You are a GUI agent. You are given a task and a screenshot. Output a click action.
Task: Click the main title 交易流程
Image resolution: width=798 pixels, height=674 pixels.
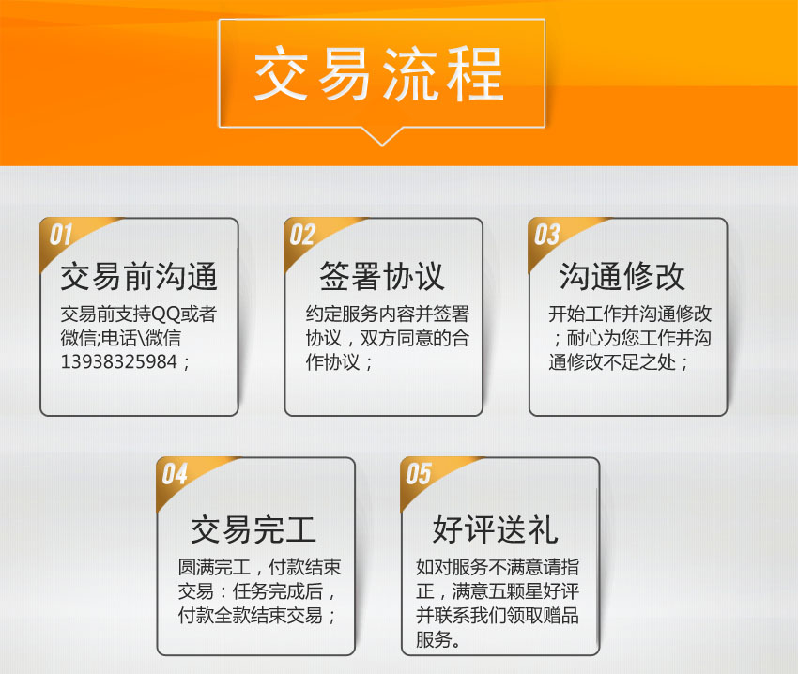[x=378, y=74]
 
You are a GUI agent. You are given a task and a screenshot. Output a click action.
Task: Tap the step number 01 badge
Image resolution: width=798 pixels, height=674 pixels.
[x=61, y=235]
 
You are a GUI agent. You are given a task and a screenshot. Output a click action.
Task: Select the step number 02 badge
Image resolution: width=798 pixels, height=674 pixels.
[x=303, y=235]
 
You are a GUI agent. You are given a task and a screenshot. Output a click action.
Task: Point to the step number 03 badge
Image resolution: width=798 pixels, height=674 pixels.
[x=547, y=235]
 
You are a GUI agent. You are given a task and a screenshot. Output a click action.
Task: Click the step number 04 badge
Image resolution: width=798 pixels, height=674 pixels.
[x=175, y=474]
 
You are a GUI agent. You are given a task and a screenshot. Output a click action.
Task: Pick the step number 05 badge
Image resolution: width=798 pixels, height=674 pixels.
[x=419, y=474]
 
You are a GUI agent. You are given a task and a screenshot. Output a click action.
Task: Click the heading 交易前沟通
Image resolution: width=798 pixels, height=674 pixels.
[x=139, y=276]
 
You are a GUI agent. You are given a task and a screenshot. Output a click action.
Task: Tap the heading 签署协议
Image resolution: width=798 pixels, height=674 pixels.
[x=382, y=276]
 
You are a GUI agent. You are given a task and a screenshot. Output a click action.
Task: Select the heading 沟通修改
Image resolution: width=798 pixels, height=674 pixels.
[x=622, y=276]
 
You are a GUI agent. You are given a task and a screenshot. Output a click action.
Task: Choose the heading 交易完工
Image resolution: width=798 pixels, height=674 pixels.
[x=253, y=529]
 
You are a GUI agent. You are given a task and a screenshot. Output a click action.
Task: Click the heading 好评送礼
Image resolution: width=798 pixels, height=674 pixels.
[x=496, y=529]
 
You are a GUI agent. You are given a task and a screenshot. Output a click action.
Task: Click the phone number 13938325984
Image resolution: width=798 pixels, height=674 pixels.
[x=119, y=362]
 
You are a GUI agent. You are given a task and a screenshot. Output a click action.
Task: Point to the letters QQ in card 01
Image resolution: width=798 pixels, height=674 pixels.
[x=166, y=314]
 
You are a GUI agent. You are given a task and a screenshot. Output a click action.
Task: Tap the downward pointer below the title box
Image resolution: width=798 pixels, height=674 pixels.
[x=382, y=136]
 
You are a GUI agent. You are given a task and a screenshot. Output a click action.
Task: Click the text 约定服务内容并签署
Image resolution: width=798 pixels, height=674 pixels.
[x=388, y=314]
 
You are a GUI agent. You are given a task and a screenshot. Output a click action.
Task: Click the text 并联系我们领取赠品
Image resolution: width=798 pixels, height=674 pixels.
[x=498, y=615]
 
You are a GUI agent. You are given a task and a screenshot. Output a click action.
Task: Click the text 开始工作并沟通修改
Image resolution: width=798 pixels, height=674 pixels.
[x=630, y=314]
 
